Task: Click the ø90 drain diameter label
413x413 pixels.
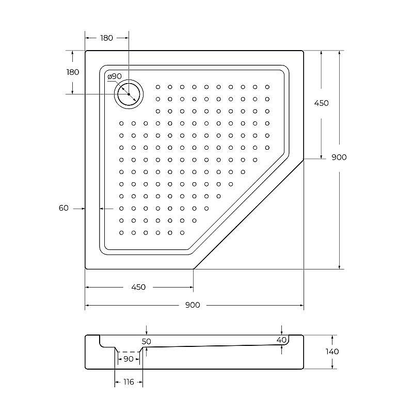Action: (x=115, y=76)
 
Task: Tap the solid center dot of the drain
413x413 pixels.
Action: (x=128, y=94)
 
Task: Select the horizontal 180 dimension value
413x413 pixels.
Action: (x=106, y=38)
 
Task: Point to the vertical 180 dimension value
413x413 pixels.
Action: (x=73, y=72)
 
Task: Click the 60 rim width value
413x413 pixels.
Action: (x=63, y=208)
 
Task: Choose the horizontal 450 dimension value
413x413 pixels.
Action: (x=138, y=287)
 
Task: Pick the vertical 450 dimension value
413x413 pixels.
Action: (x=321, y=103)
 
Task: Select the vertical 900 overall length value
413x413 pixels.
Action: (x=339, y=157)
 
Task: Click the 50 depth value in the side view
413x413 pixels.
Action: (x=147, y=341)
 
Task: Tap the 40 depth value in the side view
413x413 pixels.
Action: (x=281, y=340)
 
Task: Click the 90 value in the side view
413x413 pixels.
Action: (x=128, y=359)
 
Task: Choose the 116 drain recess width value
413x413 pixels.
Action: (x=128, y=382)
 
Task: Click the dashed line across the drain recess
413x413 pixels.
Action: (x=128, y=352)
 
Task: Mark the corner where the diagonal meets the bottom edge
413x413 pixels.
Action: (x=194, y=269)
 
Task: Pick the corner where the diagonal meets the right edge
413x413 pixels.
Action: (x=304, y=159)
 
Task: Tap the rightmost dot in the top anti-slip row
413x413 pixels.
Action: (x=267, y=87)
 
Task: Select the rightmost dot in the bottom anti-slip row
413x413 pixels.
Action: (x=182, y=233)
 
